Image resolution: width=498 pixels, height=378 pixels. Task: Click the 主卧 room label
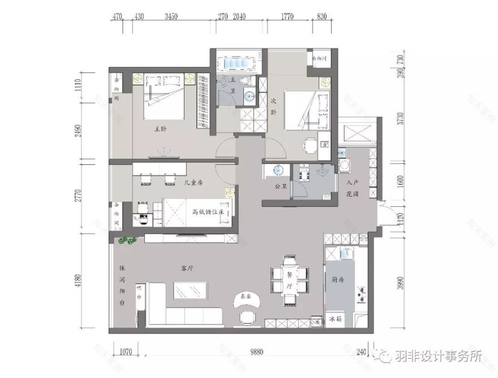click(160, 129)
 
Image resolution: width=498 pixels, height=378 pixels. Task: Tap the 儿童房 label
click(194, 182)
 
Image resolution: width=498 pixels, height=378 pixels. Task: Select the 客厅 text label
click(187, 268)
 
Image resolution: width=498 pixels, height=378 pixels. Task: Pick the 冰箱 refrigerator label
click(336, 320)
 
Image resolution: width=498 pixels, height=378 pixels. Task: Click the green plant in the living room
click(127, 242)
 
